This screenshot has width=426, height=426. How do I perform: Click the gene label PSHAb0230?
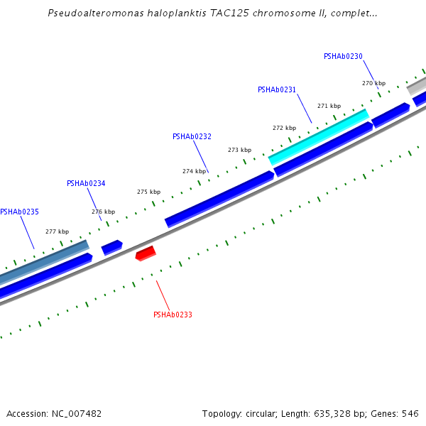[x=343, y=56]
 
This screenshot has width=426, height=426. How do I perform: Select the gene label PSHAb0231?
[x=277, y=89]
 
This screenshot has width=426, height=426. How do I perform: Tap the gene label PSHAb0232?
[x=192, y=136]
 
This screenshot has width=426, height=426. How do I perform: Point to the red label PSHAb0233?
[x=173, y=315]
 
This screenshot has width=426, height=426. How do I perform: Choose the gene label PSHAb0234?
[x=86, y=183]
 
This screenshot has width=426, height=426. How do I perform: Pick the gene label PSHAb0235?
[x=19, y=212]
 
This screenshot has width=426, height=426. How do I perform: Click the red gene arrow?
[x=146, y=253]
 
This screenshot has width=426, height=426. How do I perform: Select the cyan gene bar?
[x=319, y=136]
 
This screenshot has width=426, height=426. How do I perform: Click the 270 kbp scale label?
[x=373, y=83]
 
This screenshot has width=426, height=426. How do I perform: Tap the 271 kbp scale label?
[x=329, y=106]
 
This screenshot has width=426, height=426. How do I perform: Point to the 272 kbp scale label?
[x=284, y=128]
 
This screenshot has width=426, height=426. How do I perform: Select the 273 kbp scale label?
[x=239, y=150]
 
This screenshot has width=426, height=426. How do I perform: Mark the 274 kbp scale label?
[x=194, y=171]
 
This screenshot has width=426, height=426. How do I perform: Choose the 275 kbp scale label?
[x=148, y=192]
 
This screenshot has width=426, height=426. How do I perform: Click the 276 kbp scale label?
[x=103, y=212]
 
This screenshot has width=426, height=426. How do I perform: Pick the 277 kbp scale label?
[x=57, y=231]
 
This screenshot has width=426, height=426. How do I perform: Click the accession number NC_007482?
[x=75, y=413]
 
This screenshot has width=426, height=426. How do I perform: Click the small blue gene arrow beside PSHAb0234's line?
[x=112, y=247]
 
